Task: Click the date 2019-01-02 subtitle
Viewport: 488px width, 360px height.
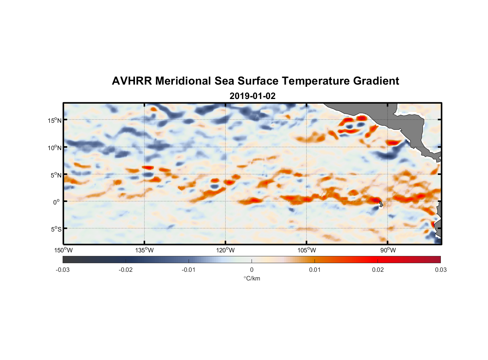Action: [252, 96]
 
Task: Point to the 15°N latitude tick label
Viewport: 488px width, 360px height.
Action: [55, 120]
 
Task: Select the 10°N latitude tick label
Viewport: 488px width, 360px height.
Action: [55, 148]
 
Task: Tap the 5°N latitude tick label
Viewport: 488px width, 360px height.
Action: [56, 175]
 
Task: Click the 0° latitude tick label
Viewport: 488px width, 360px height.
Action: [57, 202]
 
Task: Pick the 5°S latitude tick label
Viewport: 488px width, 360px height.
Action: [56, 229]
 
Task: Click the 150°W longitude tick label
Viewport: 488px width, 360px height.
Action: [64, 250]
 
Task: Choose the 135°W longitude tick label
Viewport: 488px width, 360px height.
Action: [145, 250]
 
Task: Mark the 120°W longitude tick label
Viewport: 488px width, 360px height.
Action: [226, 250]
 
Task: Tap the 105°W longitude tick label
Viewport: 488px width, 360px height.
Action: [307, 250]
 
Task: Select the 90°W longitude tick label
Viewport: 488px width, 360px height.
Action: [388, 250]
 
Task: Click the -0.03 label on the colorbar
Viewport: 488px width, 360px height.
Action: [63, 270]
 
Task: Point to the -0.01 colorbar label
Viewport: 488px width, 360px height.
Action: [189, 270]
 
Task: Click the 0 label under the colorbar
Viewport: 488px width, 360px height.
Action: [252, 270]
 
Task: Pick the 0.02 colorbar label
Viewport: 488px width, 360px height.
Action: [378, 270]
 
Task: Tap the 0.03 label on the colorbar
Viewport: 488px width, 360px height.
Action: [440, 270]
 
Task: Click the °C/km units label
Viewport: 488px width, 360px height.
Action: [252, 278]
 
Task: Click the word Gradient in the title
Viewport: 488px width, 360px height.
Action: [376, 81]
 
